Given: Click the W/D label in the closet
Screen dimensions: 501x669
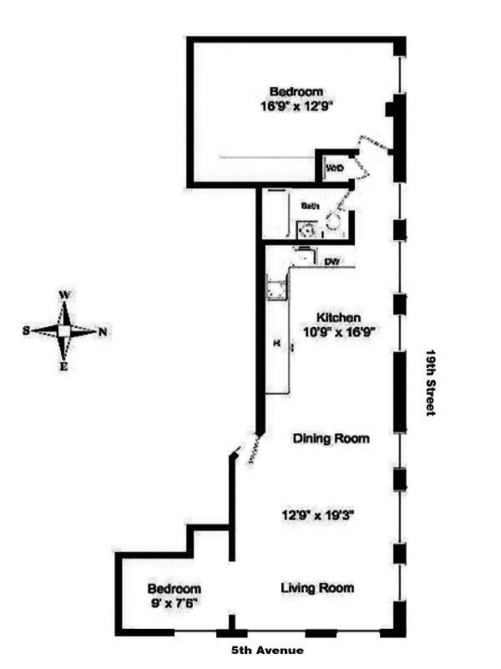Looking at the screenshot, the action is (x=335, y=169).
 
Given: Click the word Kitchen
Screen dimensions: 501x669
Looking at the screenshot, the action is (x=338, y=318).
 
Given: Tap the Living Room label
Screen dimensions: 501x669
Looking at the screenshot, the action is (x=316, y=588).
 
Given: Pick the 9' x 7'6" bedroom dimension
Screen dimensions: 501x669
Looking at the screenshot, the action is (x=174, y=601).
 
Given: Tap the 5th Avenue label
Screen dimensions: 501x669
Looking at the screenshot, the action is (x=267, y=651).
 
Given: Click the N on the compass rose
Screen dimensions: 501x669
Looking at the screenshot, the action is (x=103, y=331).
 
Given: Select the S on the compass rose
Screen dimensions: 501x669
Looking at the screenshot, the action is (x=27, y=330).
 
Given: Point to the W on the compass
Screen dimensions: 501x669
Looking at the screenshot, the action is (x=64, y=295).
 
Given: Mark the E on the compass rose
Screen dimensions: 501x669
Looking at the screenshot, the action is (x=64, y=366).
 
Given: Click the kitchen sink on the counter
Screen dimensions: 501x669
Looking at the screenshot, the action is (x=275, y=289).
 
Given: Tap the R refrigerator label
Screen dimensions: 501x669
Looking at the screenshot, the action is (x=275, y=343).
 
